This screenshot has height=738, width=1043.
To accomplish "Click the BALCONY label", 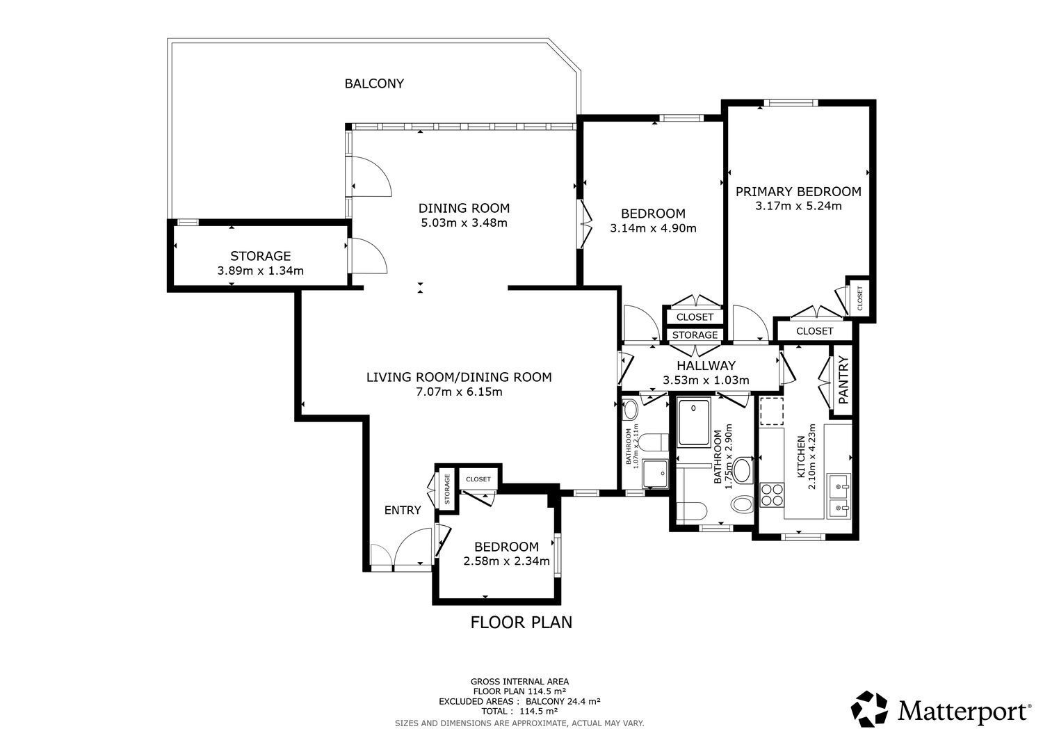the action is pyautogui.click(x=374, y=83).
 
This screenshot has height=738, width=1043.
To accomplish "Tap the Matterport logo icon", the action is pyautogui.click(x=870, y=709).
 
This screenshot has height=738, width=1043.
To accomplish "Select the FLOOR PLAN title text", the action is pyautogui.click(x=521, y=623).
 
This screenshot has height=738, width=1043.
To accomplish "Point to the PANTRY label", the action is pyautogui.click(x=843, y=380).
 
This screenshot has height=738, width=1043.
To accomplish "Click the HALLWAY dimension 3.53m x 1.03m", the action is pyautogui.click(x=706, y=380).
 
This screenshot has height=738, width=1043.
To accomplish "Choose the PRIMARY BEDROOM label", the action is pyautogui.click(x=798, y=191).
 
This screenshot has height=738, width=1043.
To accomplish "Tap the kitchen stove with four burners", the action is pyautogui.click(x=772, y=495).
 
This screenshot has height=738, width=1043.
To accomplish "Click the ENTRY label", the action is pyautogui.click(x=403, y=510).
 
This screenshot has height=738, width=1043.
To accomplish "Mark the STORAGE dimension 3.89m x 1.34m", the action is pyautogui.click(x=260, y=271).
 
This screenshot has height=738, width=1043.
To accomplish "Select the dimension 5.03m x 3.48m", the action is pyautogui.click(x=464, y=223).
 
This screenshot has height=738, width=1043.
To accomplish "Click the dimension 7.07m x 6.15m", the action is pyautogui.click(x=459, y=392).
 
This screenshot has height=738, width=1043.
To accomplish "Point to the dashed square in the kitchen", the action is pyautogui.click(x=772, y=411).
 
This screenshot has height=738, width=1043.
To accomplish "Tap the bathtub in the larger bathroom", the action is pyautogui.click(x=694, y=423).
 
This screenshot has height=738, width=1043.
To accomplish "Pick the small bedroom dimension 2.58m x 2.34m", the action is pyautogui.click(x=507, y=561).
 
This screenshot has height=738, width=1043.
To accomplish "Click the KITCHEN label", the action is pyautogui.click(x=801, y=457).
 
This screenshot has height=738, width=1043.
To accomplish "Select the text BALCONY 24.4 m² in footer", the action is pyautogui.click(x=563, y=701).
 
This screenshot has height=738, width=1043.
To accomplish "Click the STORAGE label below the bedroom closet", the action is pyautogui.click(x=695, y=335).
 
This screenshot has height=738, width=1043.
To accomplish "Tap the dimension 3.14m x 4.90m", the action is pyautogui.click(x=654, y=228).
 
